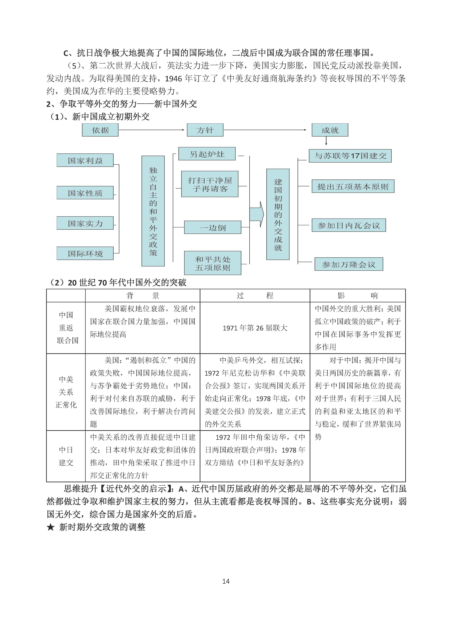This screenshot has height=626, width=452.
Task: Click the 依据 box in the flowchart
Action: pyautogui.click(x=100, y=130)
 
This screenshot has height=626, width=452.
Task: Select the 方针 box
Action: pyautogui.click(x=205, y=130)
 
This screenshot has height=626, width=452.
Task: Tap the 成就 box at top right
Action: pyautogui.click(x=330, y=130)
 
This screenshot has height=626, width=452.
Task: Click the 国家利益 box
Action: pyautogui.click(x=85, y=160)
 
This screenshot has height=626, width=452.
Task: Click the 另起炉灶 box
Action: pyautogui.click(x=207, y=154)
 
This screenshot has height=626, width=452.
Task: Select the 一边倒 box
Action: pyautogui.click(x=212, y=227)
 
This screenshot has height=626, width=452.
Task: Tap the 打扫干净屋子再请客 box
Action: pyautogui.click(x=210, y=184)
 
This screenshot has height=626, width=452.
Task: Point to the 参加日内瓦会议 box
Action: pyautogui.click(x=349, y=225)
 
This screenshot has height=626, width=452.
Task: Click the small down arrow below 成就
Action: pyautogui.click(x=326, y=141)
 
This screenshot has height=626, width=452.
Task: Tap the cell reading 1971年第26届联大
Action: pyautogui.click(x=255, y=328)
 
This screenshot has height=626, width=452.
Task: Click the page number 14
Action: pyautogui.click(x=226, y=581)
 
